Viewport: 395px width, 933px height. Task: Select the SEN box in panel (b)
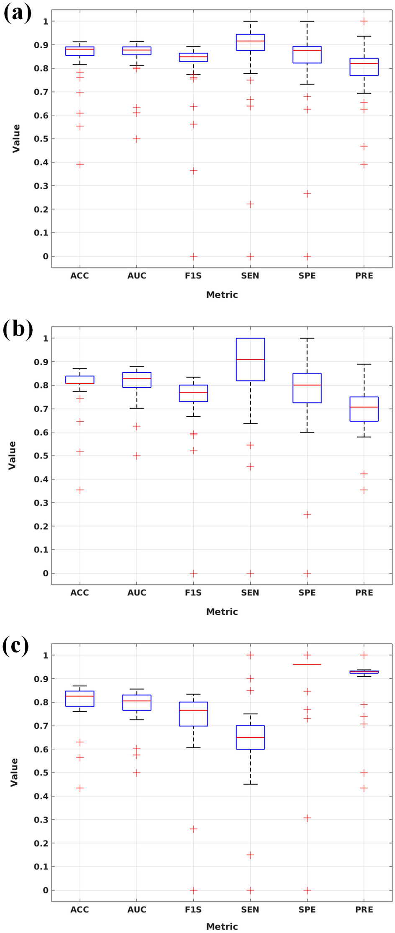pos(250,359)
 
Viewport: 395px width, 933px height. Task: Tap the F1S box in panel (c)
pos(193,714)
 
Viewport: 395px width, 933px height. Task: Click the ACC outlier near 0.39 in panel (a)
pos(80,165)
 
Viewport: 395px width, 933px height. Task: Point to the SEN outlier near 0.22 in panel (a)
pos(250,204)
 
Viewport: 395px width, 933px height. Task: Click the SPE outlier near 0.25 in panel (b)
pos(307,515)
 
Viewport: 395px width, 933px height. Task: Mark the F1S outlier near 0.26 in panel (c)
pos(193,829)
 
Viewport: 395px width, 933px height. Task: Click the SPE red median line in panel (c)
pos(307,664)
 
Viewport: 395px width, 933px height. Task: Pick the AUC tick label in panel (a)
pos(137,276)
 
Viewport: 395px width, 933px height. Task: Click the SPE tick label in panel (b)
pos(307,593)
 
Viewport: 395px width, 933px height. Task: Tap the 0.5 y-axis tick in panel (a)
pos(41,139)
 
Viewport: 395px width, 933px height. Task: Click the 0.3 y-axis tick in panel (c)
pos(41,820)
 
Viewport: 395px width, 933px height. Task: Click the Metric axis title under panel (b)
pos(222,611)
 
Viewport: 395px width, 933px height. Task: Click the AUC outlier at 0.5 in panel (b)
pos(137,456)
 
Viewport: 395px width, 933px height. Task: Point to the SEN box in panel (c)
pos(250,737)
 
